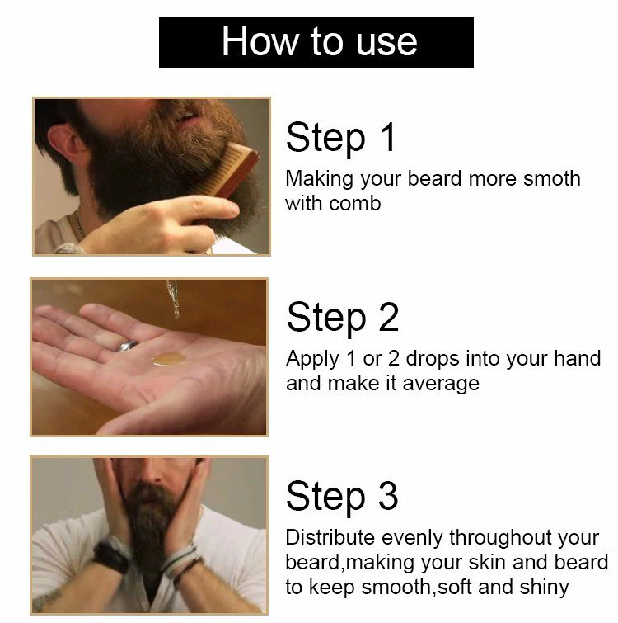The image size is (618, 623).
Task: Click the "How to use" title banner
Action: click(316, 42)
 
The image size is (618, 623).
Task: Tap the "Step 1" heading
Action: click(341, 138)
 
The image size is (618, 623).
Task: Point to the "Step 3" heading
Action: click(342, 496)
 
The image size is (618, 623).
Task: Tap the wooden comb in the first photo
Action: click(236, 170)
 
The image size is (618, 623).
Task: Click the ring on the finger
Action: click(126, 347)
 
